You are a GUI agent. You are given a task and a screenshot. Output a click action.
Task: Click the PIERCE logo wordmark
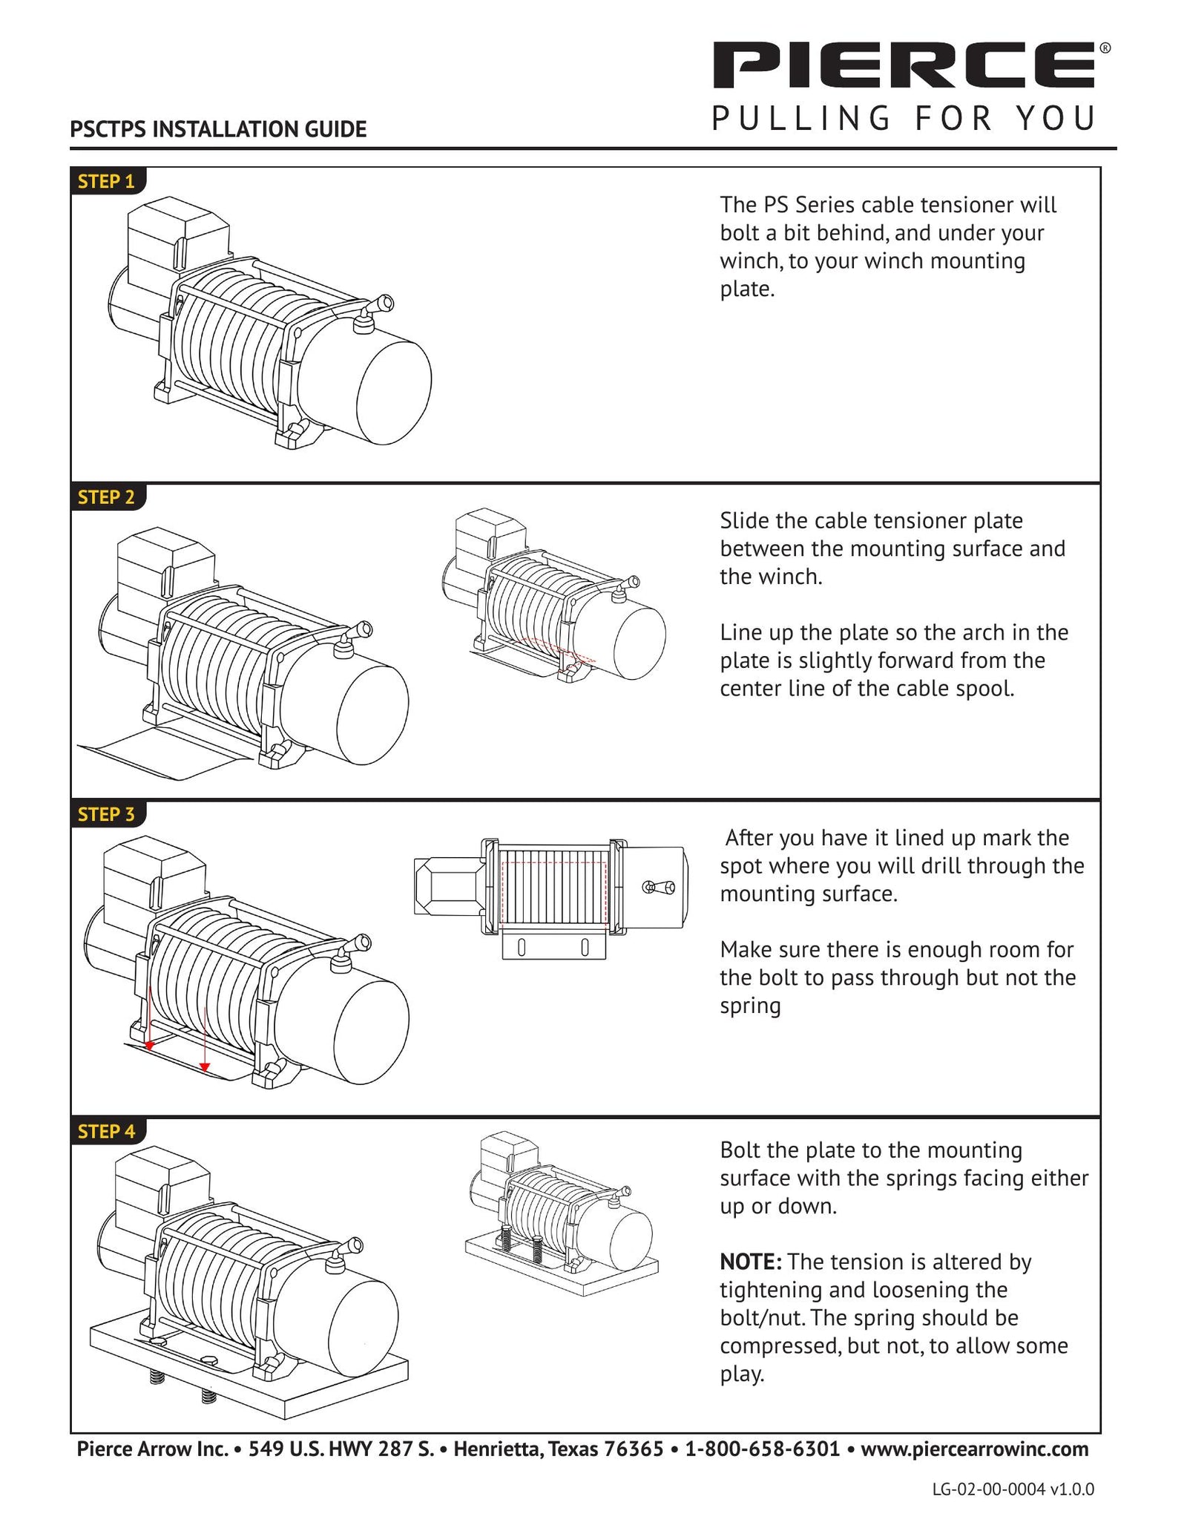pos(904,65)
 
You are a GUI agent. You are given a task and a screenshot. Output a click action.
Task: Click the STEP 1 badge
pos(107,181)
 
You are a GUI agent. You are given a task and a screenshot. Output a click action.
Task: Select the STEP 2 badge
pos(107,497)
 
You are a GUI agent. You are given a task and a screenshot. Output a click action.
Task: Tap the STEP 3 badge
pos(107,814)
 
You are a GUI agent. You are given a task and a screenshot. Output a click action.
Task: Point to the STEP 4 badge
pos(107,1131)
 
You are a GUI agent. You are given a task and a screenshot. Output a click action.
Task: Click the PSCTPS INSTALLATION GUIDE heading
pos(218,129)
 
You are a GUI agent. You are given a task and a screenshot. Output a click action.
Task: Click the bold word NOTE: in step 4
pos(750,1262)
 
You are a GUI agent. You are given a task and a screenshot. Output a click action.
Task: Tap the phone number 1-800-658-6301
pos(762,1448)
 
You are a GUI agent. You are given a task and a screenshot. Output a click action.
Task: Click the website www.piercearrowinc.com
pos(974,1448)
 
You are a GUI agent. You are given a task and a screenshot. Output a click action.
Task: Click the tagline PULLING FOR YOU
pos(904,119)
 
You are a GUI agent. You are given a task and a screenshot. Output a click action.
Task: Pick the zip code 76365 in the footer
pos(634,1448)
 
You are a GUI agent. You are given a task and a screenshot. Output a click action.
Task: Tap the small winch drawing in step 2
pos(553,594)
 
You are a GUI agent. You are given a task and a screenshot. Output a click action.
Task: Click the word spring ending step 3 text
pos(750,1006)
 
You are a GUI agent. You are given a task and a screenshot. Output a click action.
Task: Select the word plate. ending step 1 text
pos(747,289)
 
